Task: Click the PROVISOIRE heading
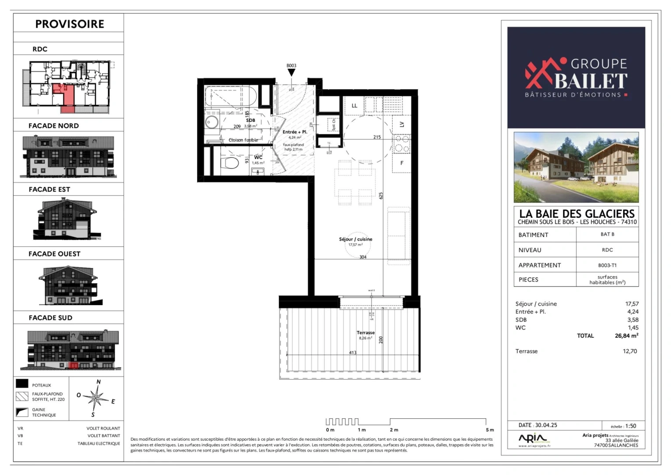69,24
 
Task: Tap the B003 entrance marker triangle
291,73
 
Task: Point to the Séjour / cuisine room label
355,239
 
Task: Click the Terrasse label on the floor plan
365,332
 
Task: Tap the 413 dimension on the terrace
353,353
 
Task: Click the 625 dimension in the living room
381,196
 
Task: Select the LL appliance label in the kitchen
354,106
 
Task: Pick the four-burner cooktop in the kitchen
401,143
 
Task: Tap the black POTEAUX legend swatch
22,384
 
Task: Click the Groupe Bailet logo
576,77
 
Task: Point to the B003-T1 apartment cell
607,265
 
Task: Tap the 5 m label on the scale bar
490,430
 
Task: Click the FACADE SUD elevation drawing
70,350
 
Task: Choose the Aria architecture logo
533,439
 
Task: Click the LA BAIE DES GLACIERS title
577,214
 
